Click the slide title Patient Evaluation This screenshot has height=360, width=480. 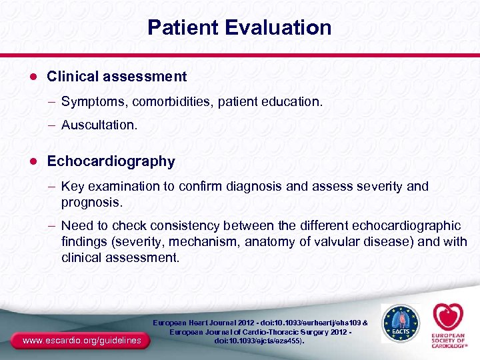click(x=239, y=27)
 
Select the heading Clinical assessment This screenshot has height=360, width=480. click(x=117, y=77)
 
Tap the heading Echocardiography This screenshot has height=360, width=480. click(x=111, y=161)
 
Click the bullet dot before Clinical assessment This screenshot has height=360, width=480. click(x=31, y=77)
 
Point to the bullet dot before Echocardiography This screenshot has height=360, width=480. click(x=31, y=161)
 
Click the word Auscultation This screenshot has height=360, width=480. click(x=99, y=125)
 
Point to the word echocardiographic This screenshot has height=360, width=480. click(x=404, y=227)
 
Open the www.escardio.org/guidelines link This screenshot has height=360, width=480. click(x=81, y=341)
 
